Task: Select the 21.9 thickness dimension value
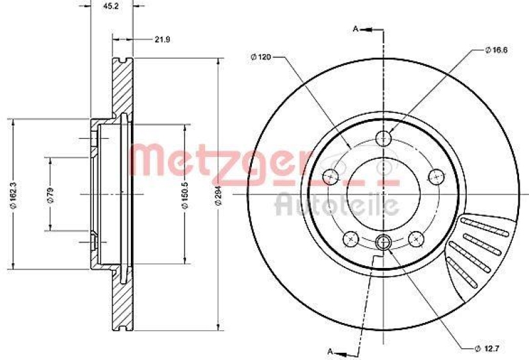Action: click(162, 40)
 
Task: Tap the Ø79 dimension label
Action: click(49, 195)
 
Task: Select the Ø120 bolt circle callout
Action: click(261, 57)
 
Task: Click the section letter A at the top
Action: click(355, 28)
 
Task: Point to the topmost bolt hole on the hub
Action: click(384, 138)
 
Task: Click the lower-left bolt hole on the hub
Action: click(351, 238)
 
